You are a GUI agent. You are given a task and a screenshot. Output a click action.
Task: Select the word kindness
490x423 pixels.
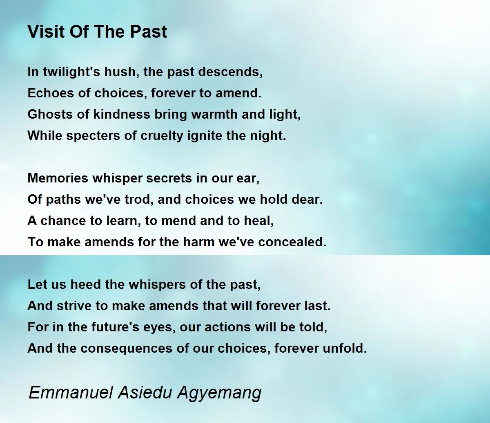122,114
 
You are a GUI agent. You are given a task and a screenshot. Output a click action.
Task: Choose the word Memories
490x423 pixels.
58,178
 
